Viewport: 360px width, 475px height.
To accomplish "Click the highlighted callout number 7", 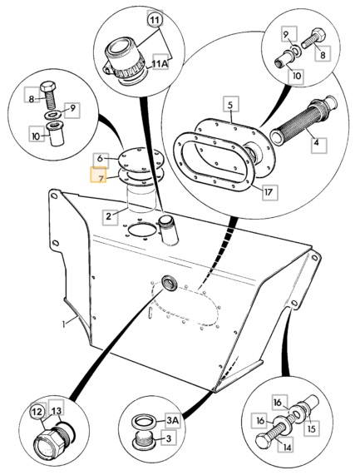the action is pos(99,175).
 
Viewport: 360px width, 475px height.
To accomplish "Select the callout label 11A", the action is pos(160,62).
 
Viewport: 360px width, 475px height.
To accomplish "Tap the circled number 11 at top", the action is pos(155,20).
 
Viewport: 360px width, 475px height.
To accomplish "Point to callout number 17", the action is pos(269,191).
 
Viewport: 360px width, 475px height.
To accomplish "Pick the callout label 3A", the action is pos(172,420).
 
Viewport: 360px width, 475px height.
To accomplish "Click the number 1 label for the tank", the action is pos(64,324).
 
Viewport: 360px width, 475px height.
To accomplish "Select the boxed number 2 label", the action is pos(111,217).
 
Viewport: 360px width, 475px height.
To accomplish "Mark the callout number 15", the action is pos(312,428).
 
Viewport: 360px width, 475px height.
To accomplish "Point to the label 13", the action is pos(57,410).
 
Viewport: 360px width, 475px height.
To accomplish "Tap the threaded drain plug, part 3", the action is pos(143,440).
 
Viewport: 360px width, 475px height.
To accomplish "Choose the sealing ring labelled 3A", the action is pos(144,421).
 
